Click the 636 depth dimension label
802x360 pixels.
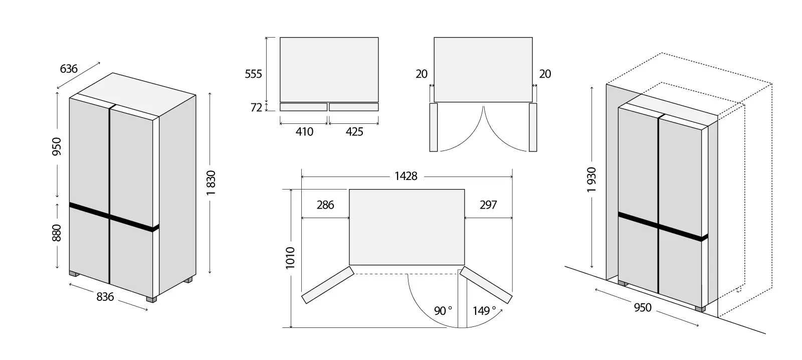[68, 68]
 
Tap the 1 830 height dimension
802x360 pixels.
[211, 183]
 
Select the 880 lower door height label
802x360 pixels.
[57, 233]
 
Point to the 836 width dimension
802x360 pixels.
[105, 297]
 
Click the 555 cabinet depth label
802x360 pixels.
[253, 74]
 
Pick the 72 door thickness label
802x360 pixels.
[256, 107]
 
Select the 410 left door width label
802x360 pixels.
[304, 132]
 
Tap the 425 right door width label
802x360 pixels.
[354, 132]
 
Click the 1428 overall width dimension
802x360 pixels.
[406, 176]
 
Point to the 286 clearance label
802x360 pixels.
[325, 205]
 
